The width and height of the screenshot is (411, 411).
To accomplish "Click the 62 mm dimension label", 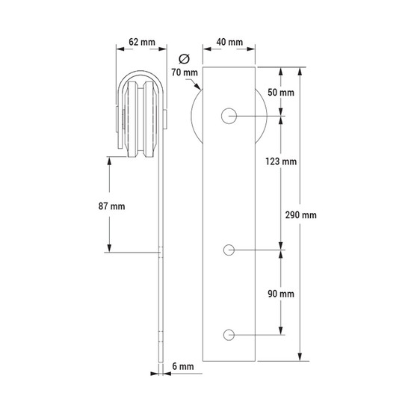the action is click(142, 42).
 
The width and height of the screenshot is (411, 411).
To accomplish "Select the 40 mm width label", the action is click(229, 42).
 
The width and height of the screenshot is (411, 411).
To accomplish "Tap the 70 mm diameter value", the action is click(185, 72).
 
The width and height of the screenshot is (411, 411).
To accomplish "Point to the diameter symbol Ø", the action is click(185, 59).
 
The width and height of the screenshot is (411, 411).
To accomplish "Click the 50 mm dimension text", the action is click(281, 92).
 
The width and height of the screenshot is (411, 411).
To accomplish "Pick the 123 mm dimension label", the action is click(281, 161).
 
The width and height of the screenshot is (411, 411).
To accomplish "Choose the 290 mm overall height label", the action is click(301, 215).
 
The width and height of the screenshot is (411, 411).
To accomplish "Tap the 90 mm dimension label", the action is click(281, 294).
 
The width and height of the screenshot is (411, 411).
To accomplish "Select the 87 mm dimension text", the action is click(111, 206).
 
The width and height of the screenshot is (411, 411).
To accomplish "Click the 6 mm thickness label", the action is click(183, 366).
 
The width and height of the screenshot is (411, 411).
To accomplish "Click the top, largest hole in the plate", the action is click(229, 116).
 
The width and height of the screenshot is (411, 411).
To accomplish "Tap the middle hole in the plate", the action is click(229, 250).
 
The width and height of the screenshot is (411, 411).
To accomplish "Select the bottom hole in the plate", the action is click(229, 335).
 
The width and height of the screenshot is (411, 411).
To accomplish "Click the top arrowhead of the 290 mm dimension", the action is click(300, 71).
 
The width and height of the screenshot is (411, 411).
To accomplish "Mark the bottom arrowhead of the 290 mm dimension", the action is click(300, 356).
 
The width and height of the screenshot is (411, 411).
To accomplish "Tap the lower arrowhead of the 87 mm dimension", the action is click(109, 248).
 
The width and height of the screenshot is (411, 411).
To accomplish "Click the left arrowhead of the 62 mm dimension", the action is click(120, 49).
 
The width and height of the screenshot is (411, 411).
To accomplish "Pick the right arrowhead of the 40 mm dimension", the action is click(251, 49).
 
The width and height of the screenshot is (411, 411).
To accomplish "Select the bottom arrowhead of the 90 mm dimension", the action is click(281, 331).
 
